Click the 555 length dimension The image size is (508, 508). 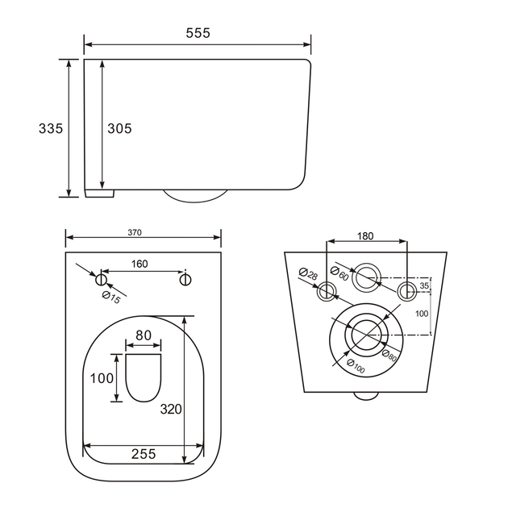click(x=198, y=33)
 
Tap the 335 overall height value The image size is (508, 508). click(x=51, y=128)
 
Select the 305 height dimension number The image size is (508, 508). click(x=119, y=128)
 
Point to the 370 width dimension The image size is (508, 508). click(x=135, y=232)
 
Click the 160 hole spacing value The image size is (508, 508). click(x=139, y=264)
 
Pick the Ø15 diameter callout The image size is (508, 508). click(x=111, y=298)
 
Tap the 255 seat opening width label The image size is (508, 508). click(x=144, y=454)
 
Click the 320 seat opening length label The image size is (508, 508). click(x=171, y=409)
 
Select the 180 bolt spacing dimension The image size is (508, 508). click(x=365, y=235)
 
